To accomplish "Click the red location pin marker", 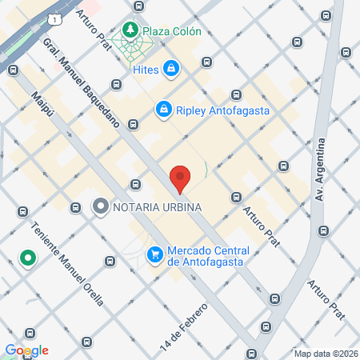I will tap(180, 178).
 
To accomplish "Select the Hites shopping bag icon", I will tap(170, 70).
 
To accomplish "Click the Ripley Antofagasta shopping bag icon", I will tap(163, 107).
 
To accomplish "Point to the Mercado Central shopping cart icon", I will tap(154, 254).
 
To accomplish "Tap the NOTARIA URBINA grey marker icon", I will tap(101, 207).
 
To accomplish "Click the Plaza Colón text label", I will tap(173, 32).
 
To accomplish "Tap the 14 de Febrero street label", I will tap(189, 321).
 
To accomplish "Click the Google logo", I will tap(26, 350).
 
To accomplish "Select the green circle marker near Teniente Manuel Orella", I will tap(27, 258).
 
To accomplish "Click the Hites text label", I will tap(145, 70).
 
